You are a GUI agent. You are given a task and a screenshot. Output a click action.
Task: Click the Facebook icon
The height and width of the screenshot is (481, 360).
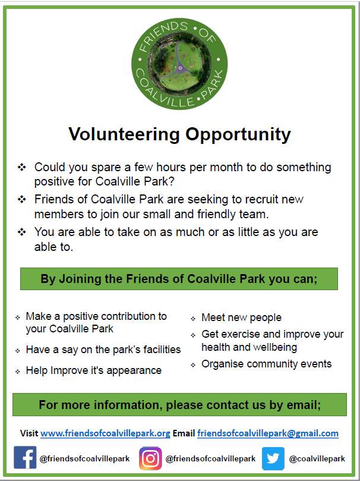(x=25, y=458)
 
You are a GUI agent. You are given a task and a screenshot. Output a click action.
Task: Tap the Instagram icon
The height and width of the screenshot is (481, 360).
(x=150, y=458)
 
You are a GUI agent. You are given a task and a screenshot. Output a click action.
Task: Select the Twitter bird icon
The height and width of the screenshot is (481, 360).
(x=273, y=458)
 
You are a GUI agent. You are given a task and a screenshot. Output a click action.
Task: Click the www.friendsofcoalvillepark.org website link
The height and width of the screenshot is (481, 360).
(x=105, y=433)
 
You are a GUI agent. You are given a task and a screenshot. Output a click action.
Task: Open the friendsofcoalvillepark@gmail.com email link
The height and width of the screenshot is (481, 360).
(x=268, y=433)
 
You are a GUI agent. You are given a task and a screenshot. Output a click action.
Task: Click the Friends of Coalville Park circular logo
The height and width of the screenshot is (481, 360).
(x=179, y=63)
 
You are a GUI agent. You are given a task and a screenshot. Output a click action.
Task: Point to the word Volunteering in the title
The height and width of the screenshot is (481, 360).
(x=125, y=134)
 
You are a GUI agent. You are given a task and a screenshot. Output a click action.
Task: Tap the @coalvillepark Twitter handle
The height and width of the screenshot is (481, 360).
(x=317, y=458)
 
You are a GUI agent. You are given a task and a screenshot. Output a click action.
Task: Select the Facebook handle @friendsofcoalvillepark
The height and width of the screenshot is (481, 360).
(x=84, y=458)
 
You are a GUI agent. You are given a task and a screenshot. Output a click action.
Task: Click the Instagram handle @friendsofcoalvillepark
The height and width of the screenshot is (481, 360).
(x=210, y=458)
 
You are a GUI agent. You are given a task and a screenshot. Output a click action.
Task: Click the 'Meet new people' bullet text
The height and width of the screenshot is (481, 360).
(x=241, y=317)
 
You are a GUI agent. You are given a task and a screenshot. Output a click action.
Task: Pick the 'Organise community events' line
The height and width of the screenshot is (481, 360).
(x=266, y=364)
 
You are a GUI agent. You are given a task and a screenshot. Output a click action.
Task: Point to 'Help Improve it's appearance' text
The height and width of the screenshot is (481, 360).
(x=93, y=370)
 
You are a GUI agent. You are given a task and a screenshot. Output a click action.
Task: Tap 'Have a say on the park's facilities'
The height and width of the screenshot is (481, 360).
(x=103, y=350)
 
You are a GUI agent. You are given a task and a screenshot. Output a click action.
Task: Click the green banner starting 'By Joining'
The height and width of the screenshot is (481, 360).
(x=179, y=279)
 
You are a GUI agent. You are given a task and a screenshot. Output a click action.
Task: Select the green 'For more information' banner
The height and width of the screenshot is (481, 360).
(x=179, y=405)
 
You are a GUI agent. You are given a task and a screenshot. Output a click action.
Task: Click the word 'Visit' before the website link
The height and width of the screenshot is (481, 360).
(x=29, y=433)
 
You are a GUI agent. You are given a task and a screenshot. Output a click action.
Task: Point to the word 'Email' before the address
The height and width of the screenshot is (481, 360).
(x=184, y=433)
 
